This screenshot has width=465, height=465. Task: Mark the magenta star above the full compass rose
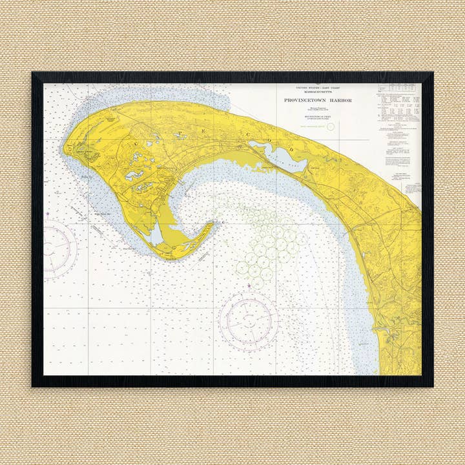(250, 284)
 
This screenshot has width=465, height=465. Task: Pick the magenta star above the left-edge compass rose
(48, 213)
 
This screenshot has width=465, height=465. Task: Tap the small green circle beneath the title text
(331, 127)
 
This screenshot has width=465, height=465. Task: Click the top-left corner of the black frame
(33, 73)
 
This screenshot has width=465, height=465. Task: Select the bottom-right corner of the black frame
(432, 386)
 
